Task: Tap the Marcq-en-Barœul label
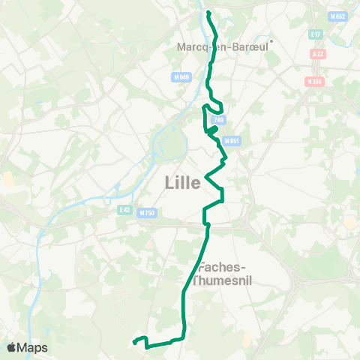[222, 46]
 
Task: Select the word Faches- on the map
[220, 267]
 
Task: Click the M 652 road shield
[338, 16]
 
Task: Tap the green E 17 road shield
[315, 34]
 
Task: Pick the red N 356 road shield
[314, 81]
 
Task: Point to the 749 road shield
[218, 119]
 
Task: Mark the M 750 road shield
[147, 214]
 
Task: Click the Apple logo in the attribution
[12, 347]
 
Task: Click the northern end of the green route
[208, 13]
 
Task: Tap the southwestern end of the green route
[135, 343]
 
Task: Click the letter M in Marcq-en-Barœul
[181, 46]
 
